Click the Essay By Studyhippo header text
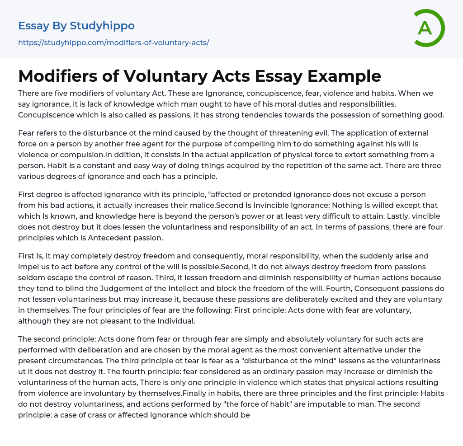pos(76,26)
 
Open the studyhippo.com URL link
pos(113,42)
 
